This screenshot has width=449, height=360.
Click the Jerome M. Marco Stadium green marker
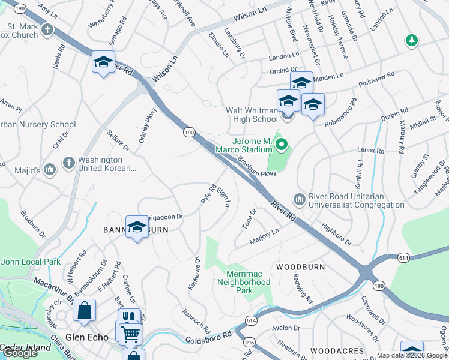pos(280,144)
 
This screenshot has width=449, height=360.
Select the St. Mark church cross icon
pos(46,29)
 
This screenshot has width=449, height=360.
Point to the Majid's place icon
pos(50,170)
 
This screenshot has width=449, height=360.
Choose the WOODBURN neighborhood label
pos(300,266)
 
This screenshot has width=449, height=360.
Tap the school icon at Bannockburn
pos(137,227)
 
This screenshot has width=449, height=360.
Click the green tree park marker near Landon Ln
pos(411,40)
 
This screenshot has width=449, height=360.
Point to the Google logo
pos(20,353)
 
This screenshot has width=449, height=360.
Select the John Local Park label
pos(31,262)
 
